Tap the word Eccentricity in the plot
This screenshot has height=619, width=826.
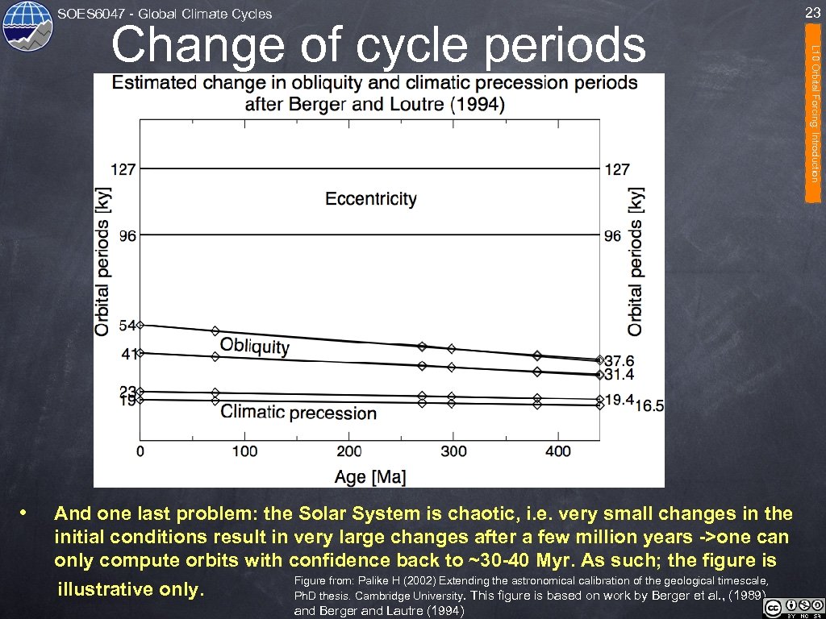pyautogui.click(x=371, y=198)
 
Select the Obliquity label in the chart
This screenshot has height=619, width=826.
pyautogui.click(x=255, y=346)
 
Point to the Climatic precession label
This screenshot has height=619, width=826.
pyautogui.click(x=298, y=413)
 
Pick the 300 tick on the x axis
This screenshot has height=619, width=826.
pyautogui.click(x=453, y=451)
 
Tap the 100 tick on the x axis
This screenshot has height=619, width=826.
pyautogui.click(x=244, y=451)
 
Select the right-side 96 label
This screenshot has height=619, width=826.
pyautogui.click(x=613, y=235)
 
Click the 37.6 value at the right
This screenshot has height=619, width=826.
pyautogui.click(x=619, y=360)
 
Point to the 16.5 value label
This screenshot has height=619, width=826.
pyautogui.click(x=649, y=406)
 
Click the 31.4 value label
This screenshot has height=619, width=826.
pyautogui.click(x=619, y=375)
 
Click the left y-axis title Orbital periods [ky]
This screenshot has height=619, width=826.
pyautogui.click(x=102, y=262)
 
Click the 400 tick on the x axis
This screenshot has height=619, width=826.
pyautogui.click(x=558, y=451)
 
